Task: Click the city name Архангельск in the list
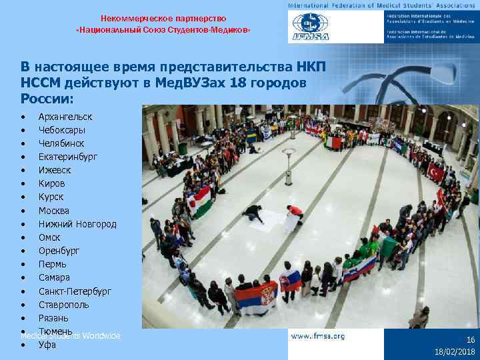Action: click(x=65, y=117)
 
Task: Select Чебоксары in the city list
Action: click(x=61, y=130)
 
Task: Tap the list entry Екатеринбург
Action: click(x=67, y=157)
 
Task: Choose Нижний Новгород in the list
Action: click(x=77, y=224)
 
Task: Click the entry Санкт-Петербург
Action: click(x=75, y=291)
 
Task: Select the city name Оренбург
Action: click(x=59, y=251)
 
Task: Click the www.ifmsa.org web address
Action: click(x=318, y=337)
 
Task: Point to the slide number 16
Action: click(x=470, y=339)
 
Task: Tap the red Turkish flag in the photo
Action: click(x=437, y=173)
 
